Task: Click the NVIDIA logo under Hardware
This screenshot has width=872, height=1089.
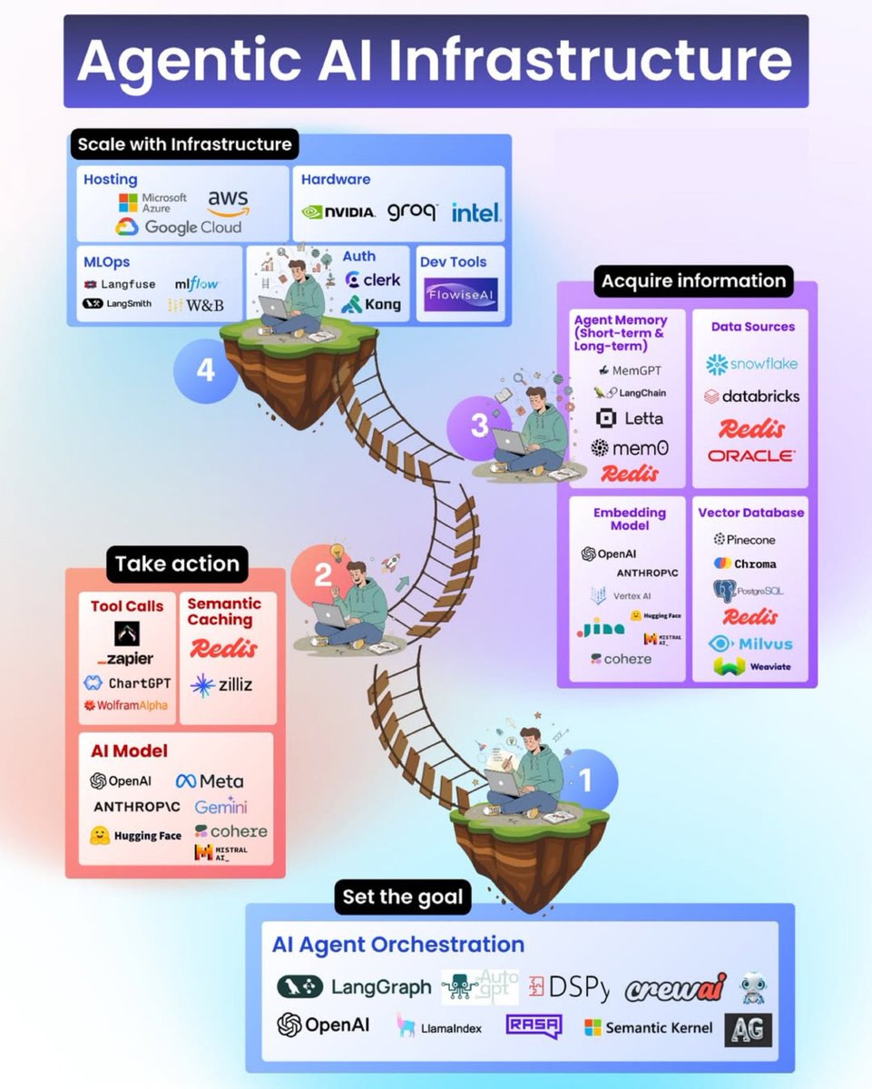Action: point(338,211)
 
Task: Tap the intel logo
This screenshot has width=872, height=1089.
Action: point(475,212)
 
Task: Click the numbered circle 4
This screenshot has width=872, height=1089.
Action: point(205,370)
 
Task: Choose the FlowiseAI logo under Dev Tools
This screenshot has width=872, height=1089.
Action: point(461,294)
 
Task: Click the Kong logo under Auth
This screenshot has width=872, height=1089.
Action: point(371,304)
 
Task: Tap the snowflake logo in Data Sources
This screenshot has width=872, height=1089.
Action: point(751,364)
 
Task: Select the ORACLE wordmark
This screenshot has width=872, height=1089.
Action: point(750,456)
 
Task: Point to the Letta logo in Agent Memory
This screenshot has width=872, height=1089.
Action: point(629,418)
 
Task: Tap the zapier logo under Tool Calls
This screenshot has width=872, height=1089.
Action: point(126,659)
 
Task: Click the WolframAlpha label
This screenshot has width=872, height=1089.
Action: point(125,705)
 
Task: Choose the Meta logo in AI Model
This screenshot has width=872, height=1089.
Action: point(210,780)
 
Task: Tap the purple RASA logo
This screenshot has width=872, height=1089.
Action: point(534,1026)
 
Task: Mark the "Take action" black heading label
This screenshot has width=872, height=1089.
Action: point(177,564)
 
